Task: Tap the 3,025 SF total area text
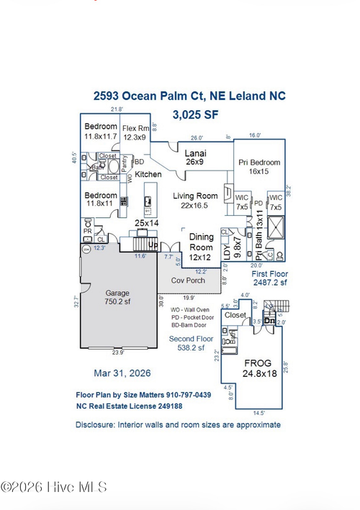(x=195, y=114)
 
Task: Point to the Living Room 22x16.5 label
(x=195, y=201)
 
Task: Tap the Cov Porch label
(x=187, y=280)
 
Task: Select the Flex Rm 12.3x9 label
(x=135, y=132)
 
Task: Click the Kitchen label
(x=148, y=175)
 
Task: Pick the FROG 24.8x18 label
(x=258, y=368)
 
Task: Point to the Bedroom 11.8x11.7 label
(x=100, y=131)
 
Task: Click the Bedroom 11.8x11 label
(x=100, y=199)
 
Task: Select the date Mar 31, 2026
(x=123, y=373)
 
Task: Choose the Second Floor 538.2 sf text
(x=192, y=342)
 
